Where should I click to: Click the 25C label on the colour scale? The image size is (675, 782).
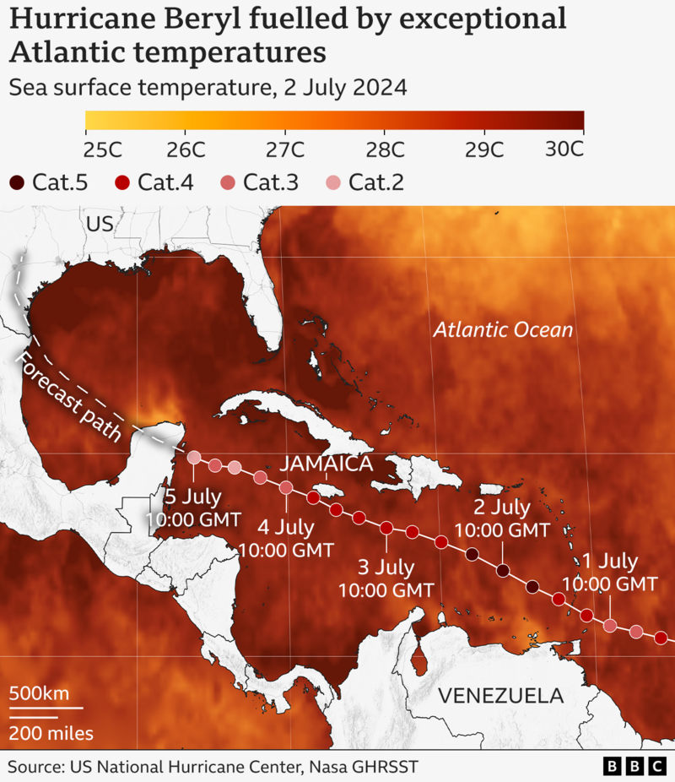pyautogui.click(x=103, y=149)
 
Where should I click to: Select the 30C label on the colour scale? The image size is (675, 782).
pyautogui.click(x=564, y=149)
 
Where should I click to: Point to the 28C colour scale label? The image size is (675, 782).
pyautogui.click(x=386, y=149)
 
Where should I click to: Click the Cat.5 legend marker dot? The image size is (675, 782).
pyautogui.click(x=17, y=182)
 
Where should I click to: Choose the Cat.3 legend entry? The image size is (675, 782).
pyautogui.click(x=256, y=182)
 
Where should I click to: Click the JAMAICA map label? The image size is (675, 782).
pyautogui.click(x=327, y=464)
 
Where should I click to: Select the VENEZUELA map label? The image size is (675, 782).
pyautogui.click(x=500, y=696)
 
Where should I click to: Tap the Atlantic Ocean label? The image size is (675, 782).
pyautogui.click(x=503, y=329)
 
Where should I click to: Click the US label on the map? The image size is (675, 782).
pyautogui.click(x=99, y=224)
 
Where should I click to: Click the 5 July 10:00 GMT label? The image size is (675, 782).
pyautogui.click(x=193, y=508)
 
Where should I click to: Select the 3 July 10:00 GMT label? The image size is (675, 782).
pyautogui.click(x=386, y=577)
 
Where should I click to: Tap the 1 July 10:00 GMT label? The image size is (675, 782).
pyautogui.click(x=609, y=572)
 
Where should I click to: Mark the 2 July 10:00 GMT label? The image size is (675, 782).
pyautogui.click(x=502, y=519)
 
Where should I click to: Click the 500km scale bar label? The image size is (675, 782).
pyautogui.click(x=39, y=693)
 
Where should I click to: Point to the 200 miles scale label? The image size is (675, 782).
pyautogui.click(x=51, y=733)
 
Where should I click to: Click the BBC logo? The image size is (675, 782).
pyautogui.click(x=634, y=766)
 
